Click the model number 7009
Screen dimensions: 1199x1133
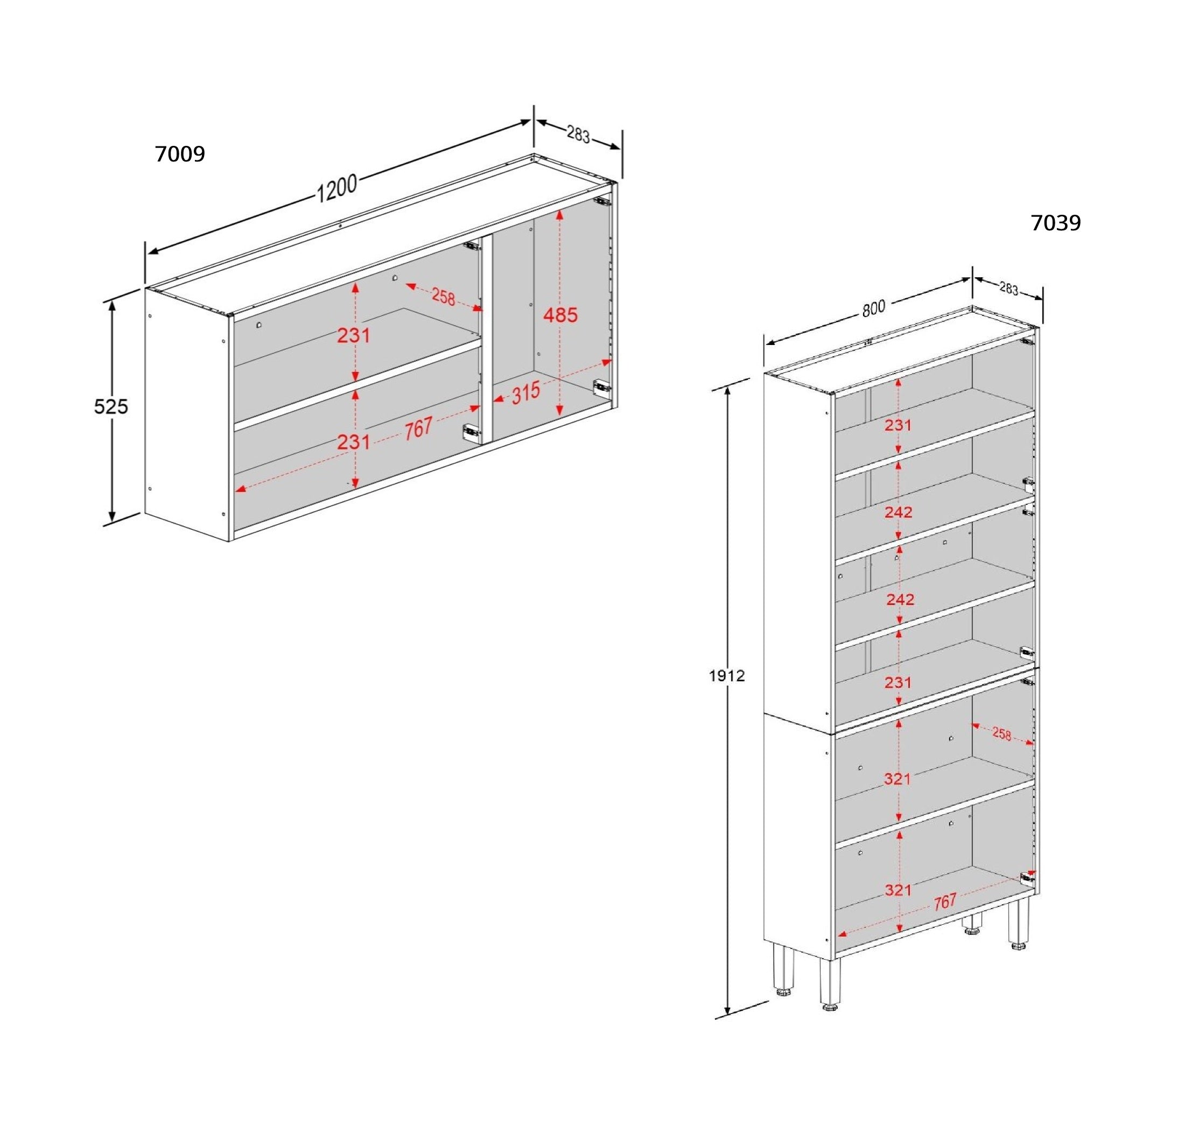[180, 154]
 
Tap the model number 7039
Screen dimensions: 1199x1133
[1055, 223]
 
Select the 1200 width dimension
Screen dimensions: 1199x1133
[337, 188]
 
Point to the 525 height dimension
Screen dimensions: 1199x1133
[111, 406]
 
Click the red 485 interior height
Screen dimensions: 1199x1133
[560, 315]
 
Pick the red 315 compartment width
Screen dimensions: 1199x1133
[525, 394]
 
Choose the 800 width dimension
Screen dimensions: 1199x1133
[873, 308]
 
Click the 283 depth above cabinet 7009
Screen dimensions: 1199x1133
[578, 134]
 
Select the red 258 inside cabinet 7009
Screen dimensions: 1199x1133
[443, 297]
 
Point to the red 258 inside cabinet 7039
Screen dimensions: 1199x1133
[1001, 734]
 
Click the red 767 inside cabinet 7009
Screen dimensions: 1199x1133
[418, 429]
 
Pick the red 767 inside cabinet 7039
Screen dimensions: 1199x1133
[945, 919]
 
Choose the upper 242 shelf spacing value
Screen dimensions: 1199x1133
[898, 512]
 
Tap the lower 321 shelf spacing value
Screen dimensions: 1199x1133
[898, 890]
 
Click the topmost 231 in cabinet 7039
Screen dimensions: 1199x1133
[898, 425]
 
